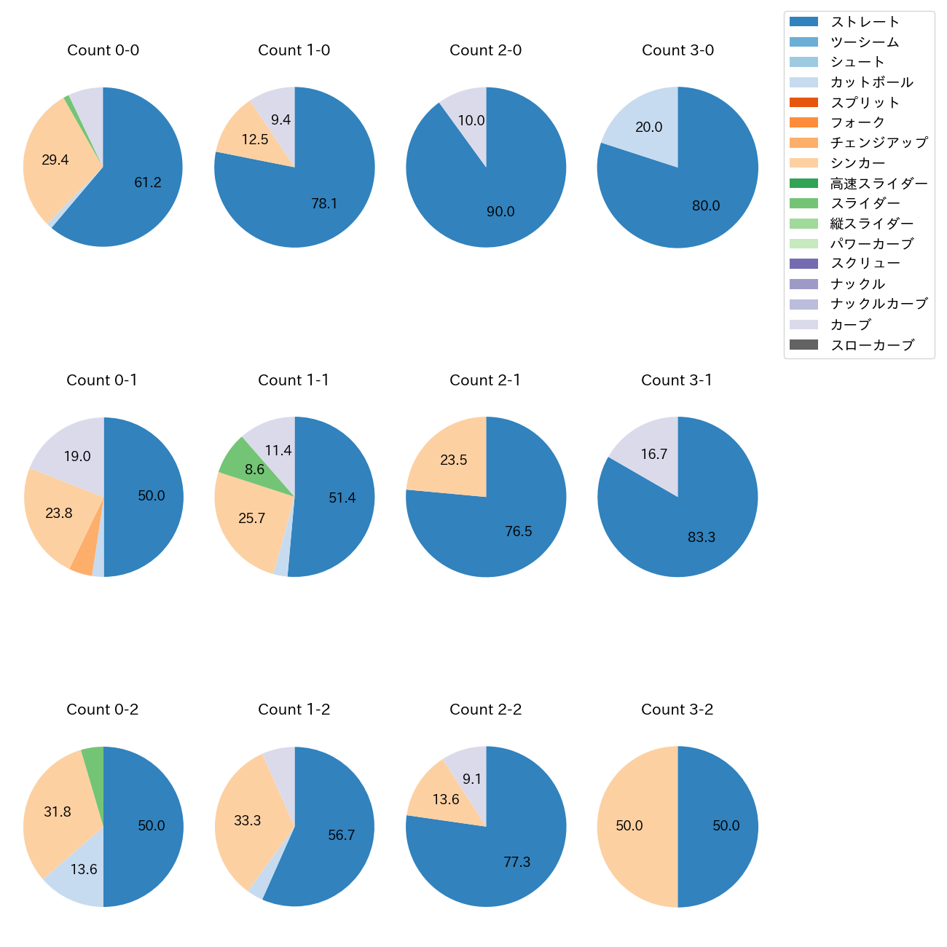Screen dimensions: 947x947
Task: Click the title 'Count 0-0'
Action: [x=103, y=50]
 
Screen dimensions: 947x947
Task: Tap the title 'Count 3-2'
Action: [x=677, y=710]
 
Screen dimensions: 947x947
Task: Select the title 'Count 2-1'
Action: [x=485, y=380]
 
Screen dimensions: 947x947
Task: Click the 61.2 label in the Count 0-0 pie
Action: [x=148, y=183]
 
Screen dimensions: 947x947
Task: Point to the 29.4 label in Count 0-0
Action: [x=55, y=160]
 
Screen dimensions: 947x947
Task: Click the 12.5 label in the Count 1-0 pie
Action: [x=255, y=139]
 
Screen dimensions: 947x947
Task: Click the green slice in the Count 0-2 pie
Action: [x=93, y=760]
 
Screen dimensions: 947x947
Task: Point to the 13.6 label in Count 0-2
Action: [x=84, y=869]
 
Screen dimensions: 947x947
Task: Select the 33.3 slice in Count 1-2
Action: [x=248, y=821]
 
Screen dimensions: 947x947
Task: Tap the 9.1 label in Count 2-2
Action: [x=472, y=779]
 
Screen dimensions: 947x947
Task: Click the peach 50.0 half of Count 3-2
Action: [x=630, y=826]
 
